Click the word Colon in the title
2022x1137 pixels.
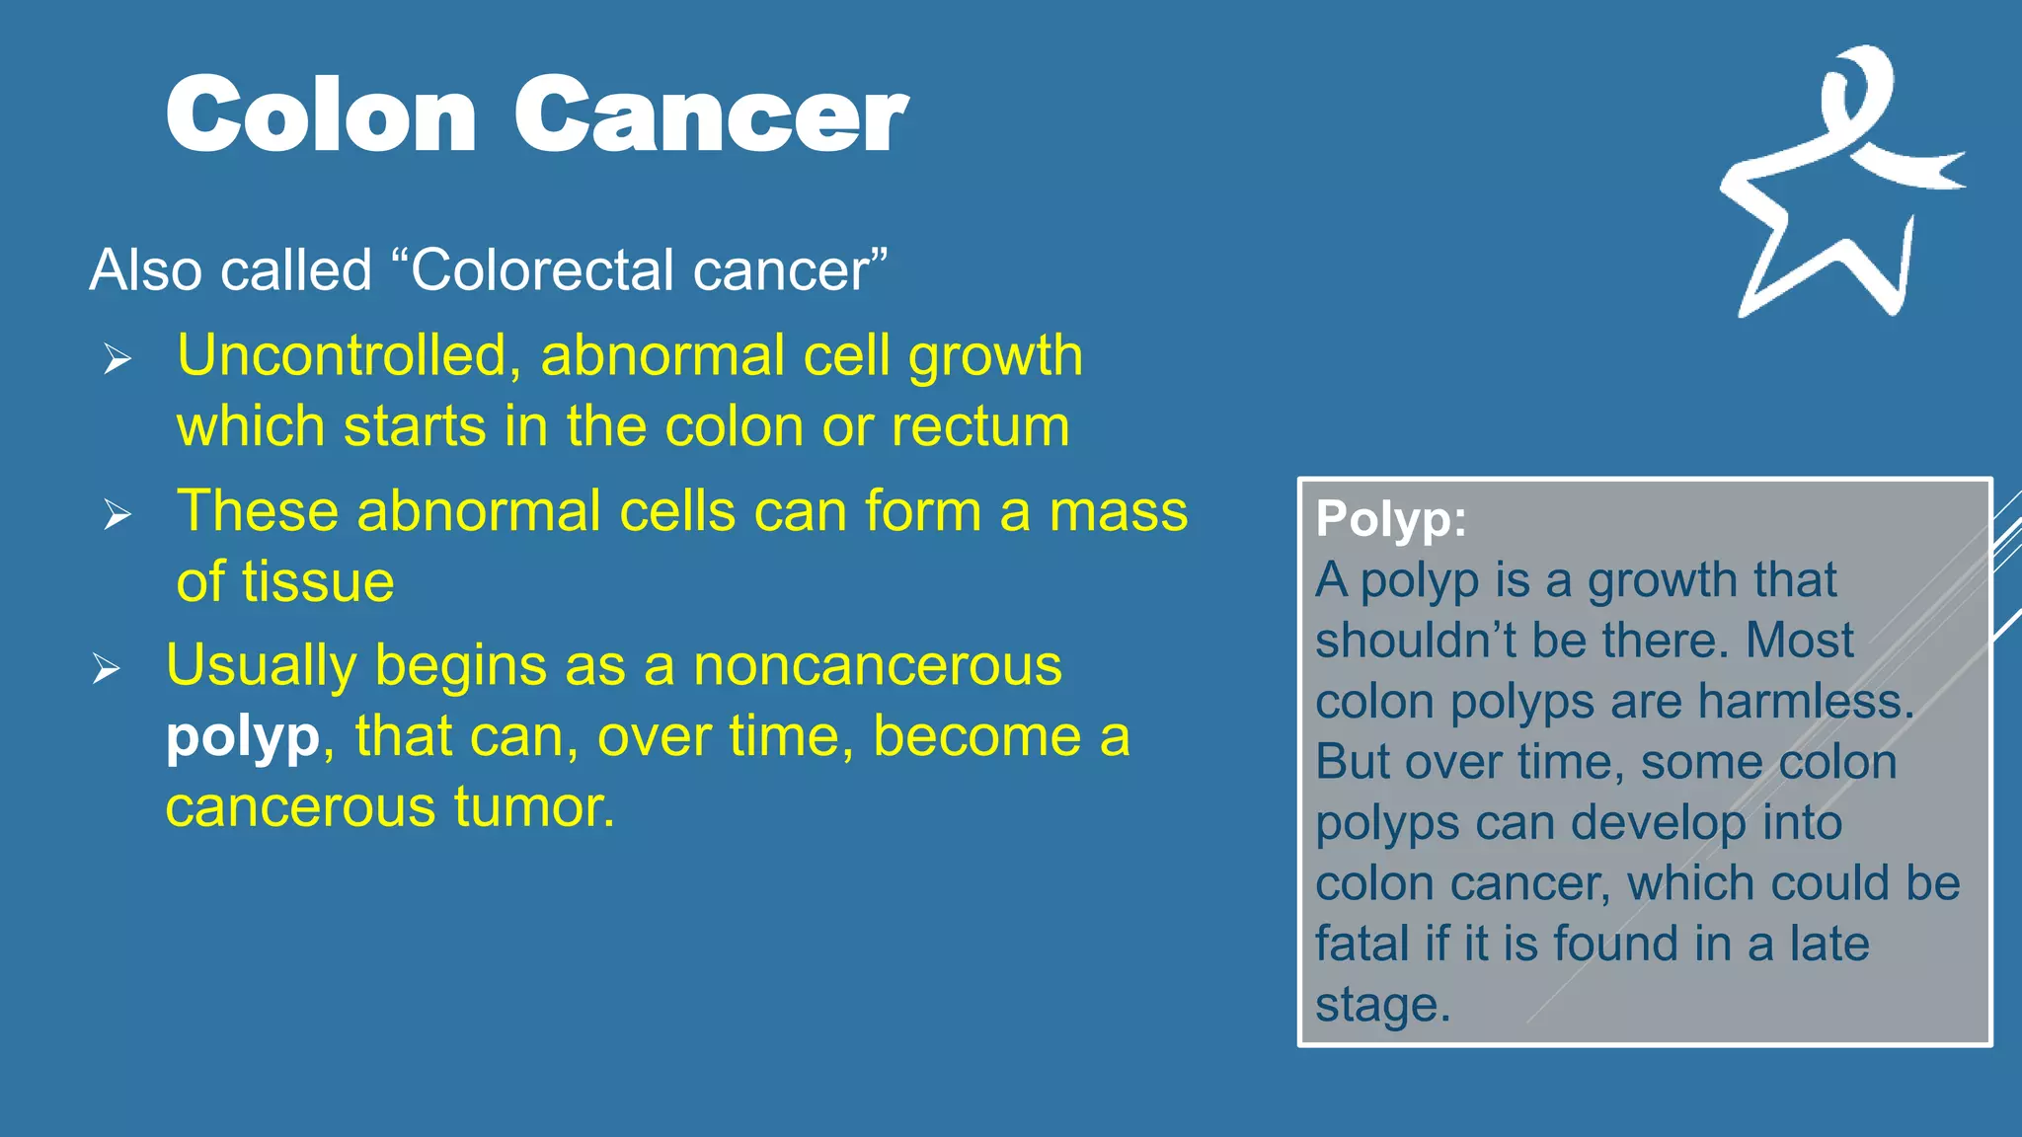(x=321, y=115)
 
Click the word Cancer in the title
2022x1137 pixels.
(x=710, y=115)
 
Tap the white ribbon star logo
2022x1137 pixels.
(x=1836, y=188)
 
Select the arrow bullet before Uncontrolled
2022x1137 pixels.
(x=117, y=359)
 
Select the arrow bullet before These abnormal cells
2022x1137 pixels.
(x=117, y=514)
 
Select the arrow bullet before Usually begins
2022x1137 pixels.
(x=107, y=669)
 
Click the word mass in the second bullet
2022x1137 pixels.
(x=1118, y=511)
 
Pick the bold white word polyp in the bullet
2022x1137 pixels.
(x=243, y=738)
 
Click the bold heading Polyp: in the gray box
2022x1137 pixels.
(x=1390, y=519)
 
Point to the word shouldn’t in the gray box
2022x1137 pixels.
(x=1416, y=641)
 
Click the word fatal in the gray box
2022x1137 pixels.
(x=1361, y=944)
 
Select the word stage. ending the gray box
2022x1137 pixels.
(x=1382, y=1005)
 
